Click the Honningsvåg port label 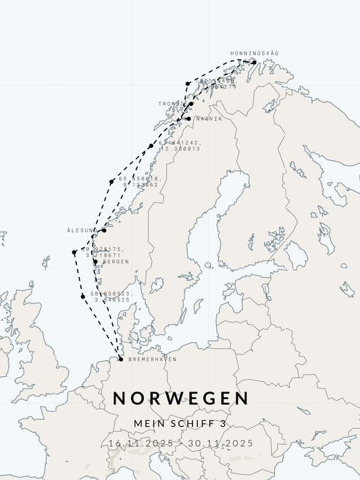(x=254, y=53)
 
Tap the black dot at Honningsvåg (x=253, y=62)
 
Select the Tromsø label (x=172, y=104)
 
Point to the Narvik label (x=208, y=119)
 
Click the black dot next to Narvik (x=188, y=119)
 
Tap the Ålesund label (x=82, y=230)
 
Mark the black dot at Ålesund (x=104, y=230)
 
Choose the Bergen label (x=115, y=262)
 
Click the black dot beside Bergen (x=95, y=262)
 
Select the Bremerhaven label (x=147, y=359)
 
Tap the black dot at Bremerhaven (x=121, y=359)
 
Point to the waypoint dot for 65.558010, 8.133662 (x=111, y=182)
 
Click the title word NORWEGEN (x=180, y=398)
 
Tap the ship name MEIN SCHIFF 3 (x=180, y=423)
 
